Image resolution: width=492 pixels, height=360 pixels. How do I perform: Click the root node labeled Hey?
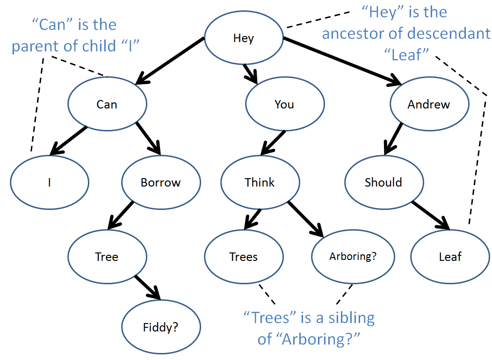(244, 38)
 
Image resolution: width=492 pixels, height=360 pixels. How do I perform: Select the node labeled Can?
(107, 104)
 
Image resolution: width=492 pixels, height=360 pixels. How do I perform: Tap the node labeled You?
(285, 104)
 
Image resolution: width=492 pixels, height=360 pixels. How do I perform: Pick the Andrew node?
(429, 104)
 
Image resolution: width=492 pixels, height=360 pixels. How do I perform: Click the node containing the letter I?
(50, 182)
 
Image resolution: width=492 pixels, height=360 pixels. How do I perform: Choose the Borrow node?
(161, 182)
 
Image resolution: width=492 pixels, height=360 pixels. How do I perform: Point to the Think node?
(260, 182)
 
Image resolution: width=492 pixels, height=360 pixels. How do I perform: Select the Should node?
(384, 182)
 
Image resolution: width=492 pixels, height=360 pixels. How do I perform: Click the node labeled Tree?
(107, 257)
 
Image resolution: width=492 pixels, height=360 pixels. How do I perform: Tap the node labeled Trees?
(244, 257)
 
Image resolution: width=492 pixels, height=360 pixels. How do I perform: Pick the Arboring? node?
(353, 257)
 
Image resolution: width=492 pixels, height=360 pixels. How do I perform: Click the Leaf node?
(450, 257)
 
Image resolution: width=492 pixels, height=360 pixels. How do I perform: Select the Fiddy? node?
(161, 327)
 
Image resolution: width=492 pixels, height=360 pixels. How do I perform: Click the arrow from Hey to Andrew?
(342, 61)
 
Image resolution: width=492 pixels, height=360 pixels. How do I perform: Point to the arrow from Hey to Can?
(170, 61)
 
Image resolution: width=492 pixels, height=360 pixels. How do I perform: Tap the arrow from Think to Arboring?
(305, 219)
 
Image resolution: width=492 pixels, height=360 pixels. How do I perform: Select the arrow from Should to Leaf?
(431, 216)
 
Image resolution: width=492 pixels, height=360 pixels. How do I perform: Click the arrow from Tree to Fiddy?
(148, 288)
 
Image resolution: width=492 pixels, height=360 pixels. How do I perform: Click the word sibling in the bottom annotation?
(351, 318)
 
